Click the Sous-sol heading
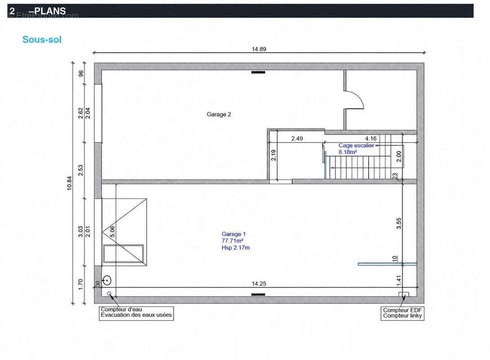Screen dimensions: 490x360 coord(42,40)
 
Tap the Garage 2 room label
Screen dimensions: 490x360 coord(219,114)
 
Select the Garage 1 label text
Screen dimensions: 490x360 coord(234,234)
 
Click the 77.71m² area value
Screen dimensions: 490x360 coord(232,241)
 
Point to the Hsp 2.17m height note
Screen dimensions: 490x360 coord(236,247)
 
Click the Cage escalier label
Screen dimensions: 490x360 coord(356,145)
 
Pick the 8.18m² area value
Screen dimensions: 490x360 coord(348,152)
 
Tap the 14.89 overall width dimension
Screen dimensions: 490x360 coord(259,49)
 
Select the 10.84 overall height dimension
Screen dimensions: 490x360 coord(69,183)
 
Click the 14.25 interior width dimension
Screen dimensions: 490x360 coord(259,283)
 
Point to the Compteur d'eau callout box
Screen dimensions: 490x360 coord(136,312)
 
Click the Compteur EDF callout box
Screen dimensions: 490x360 coord(402,313)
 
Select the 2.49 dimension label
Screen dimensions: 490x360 coord(297,139)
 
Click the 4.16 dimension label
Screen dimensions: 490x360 coord(371,139)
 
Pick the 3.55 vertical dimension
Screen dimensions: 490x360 coord(399,223)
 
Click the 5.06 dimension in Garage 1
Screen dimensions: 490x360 coord(112,232)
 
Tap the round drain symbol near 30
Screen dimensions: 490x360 coord(107,280)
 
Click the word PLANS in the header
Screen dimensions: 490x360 coord(50,11)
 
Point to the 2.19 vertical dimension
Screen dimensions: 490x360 coord(273,155)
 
